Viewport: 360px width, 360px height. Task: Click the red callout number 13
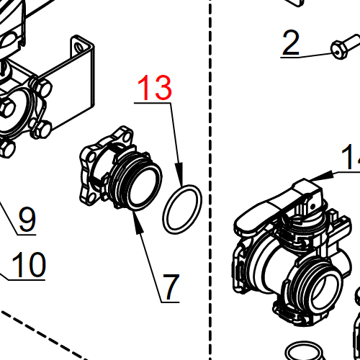156,87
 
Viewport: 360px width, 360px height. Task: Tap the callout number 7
171,287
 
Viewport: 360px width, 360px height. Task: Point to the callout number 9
27,219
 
